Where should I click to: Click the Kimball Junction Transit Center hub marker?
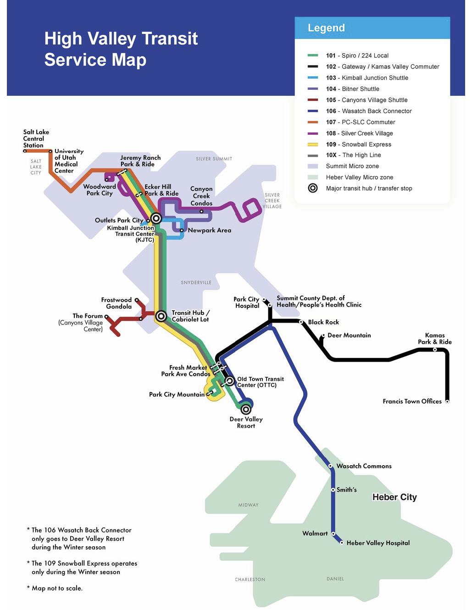[156, 218]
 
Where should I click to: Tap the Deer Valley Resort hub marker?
[246, 409]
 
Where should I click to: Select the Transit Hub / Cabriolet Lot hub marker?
[161, 316]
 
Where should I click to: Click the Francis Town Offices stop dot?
[447, 401]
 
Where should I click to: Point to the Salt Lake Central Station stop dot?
[25, 151]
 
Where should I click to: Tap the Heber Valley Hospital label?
[378, 543]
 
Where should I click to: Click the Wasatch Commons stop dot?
[331, 466]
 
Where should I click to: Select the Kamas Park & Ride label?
[434, 339]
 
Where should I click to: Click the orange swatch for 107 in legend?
[313, 122]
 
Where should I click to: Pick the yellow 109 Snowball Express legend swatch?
[313, 144]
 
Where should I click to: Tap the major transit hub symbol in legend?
[313, 188]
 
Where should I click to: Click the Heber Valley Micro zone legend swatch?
[313, 177]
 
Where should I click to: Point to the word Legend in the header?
[326, 28]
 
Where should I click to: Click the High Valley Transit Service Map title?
[121, 49]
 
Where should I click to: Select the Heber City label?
[394, 497]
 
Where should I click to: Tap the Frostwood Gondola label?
[117, 303]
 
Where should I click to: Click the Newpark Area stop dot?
[182, 230]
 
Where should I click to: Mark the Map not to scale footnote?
[57, 588]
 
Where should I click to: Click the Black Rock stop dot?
[301, 322]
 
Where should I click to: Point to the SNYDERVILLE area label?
[196, 283]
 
